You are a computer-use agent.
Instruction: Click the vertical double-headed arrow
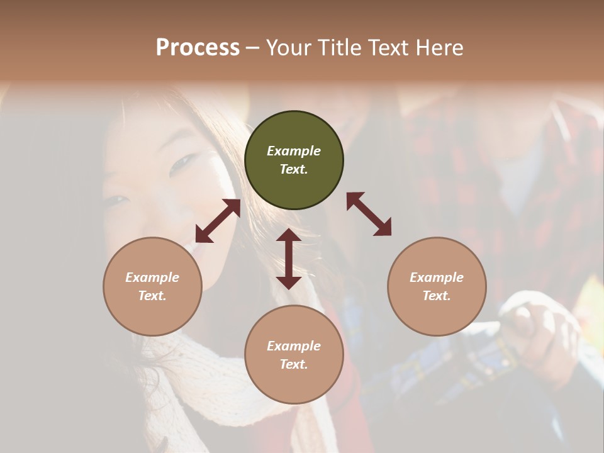point(289,259)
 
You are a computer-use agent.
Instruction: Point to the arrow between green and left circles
point(218,221)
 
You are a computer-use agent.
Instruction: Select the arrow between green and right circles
point(369,215)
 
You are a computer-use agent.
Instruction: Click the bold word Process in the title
point(198,47)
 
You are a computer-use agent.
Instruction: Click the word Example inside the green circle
point(294,151)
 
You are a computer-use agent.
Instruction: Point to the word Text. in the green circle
point(294,169)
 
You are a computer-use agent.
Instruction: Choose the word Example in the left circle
point(152,277)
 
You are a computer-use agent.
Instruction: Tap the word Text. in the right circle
point(437,296)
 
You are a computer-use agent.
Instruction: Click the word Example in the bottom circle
point(294,346)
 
